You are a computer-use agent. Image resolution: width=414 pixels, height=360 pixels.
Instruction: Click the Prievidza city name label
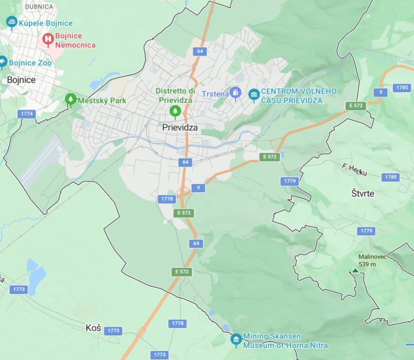click(180, 127)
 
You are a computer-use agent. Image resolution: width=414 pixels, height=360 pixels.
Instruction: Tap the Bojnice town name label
click(21, 80)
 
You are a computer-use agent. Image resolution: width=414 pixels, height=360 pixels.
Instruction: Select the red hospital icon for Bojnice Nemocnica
click(48, 39)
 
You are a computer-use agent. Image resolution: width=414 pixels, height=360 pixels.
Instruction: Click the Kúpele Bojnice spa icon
click(12, 22)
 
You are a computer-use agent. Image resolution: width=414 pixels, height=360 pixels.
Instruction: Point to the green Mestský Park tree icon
click(70, 99)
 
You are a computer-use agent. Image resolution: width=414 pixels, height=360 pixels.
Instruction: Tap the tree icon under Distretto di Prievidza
click(175, 111)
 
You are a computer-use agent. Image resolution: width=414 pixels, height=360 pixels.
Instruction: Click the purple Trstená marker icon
click(236, 94)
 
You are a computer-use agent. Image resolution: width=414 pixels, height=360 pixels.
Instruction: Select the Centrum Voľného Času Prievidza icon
click(254, 94)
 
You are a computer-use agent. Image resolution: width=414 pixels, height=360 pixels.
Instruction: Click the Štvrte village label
click(363, 193)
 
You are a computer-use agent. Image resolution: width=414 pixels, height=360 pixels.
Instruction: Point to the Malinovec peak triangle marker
click(355, 271)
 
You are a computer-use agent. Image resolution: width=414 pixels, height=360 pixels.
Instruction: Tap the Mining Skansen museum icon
click(236, 340)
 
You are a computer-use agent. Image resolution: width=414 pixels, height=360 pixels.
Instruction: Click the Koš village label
click(93, 328)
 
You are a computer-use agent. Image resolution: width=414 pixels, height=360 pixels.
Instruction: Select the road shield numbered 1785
click(402, 87)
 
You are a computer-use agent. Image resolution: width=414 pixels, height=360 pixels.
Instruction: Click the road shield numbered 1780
click(391, 177)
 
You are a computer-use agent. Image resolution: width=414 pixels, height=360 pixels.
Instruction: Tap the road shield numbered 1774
click(27, 113)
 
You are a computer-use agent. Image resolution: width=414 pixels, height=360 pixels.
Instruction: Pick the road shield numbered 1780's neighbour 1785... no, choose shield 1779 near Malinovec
click(366, 231)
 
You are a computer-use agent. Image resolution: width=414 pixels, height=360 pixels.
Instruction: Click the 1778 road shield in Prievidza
click(167, 199)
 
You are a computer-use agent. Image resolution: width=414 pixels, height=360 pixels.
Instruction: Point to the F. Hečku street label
click(354, 169)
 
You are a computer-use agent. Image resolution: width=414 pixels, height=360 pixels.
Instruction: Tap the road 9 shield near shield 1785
click(380, 92)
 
